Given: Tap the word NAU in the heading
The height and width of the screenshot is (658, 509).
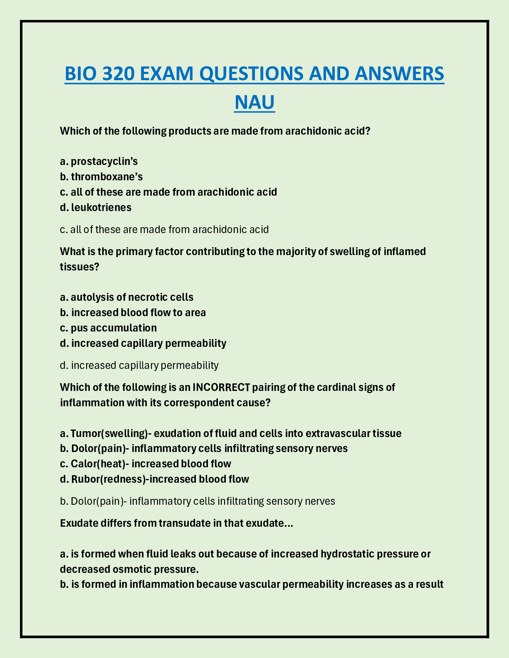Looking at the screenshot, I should click(254, 102).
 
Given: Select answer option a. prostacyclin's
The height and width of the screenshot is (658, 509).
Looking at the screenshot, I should click(99, 161).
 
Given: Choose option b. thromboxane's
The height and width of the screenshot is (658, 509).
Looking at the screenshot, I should click(101, 177).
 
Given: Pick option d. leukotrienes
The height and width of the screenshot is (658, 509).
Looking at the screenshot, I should click(96, 207).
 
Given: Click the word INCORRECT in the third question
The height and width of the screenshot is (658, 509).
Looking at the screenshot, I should click(221, 387).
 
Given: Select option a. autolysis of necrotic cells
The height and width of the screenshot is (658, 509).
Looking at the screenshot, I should click(127, 297).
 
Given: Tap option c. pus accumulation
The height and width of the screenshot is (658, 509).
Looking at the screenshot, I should click(109, 328).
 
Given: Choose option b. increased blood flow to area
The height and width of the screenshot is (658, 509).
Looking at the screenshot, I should click(133, 312).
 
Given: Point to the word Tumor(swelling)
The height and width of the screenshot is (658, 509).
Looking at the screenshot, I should click(109, 434).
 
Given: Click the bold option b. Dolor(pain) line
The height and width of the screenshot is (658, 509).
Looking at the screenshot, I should click(204, 449).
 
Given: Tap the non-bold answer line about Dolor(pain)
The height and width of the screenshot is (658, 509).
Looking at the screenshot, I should click(198, 501).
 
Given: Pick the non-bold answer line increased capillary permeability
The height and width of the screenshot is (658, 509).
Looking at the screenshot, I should click(139, 365).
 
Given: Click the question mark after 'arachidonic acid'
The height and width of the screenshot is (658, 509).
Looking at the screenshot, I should click(367, 131).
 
